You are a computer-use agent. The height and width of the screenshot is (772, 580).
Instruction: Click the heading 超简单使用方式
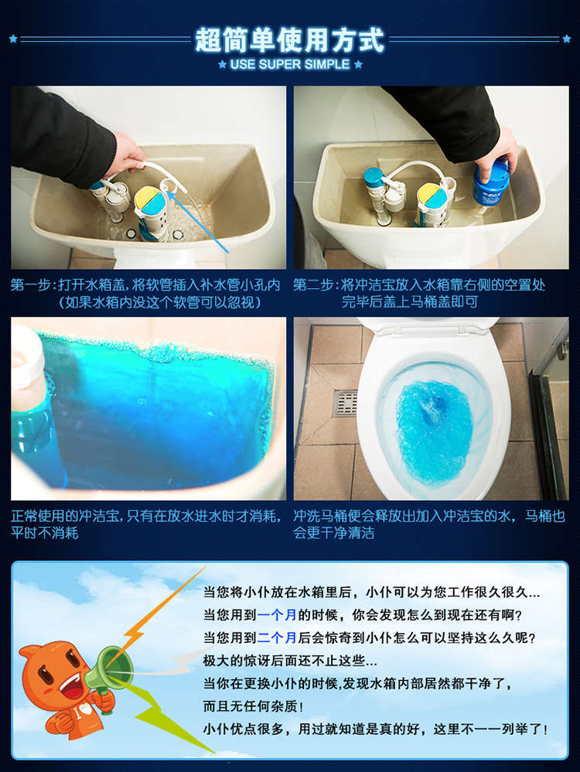289,38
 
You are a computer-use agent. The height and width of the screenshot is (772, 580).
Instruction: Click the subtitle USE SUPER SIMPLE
289,64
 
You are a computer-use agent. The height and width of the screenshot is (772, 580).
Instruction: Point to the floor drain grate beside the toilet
345,403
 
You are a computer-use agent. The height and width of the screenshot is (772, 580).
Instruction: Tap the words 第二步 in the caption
312,285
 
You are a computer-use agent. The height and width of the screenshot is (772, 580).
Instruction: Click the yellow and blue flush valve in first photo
148,205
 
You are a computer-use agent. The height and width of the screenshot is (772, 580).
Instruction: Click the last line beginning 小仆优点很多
375,729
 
